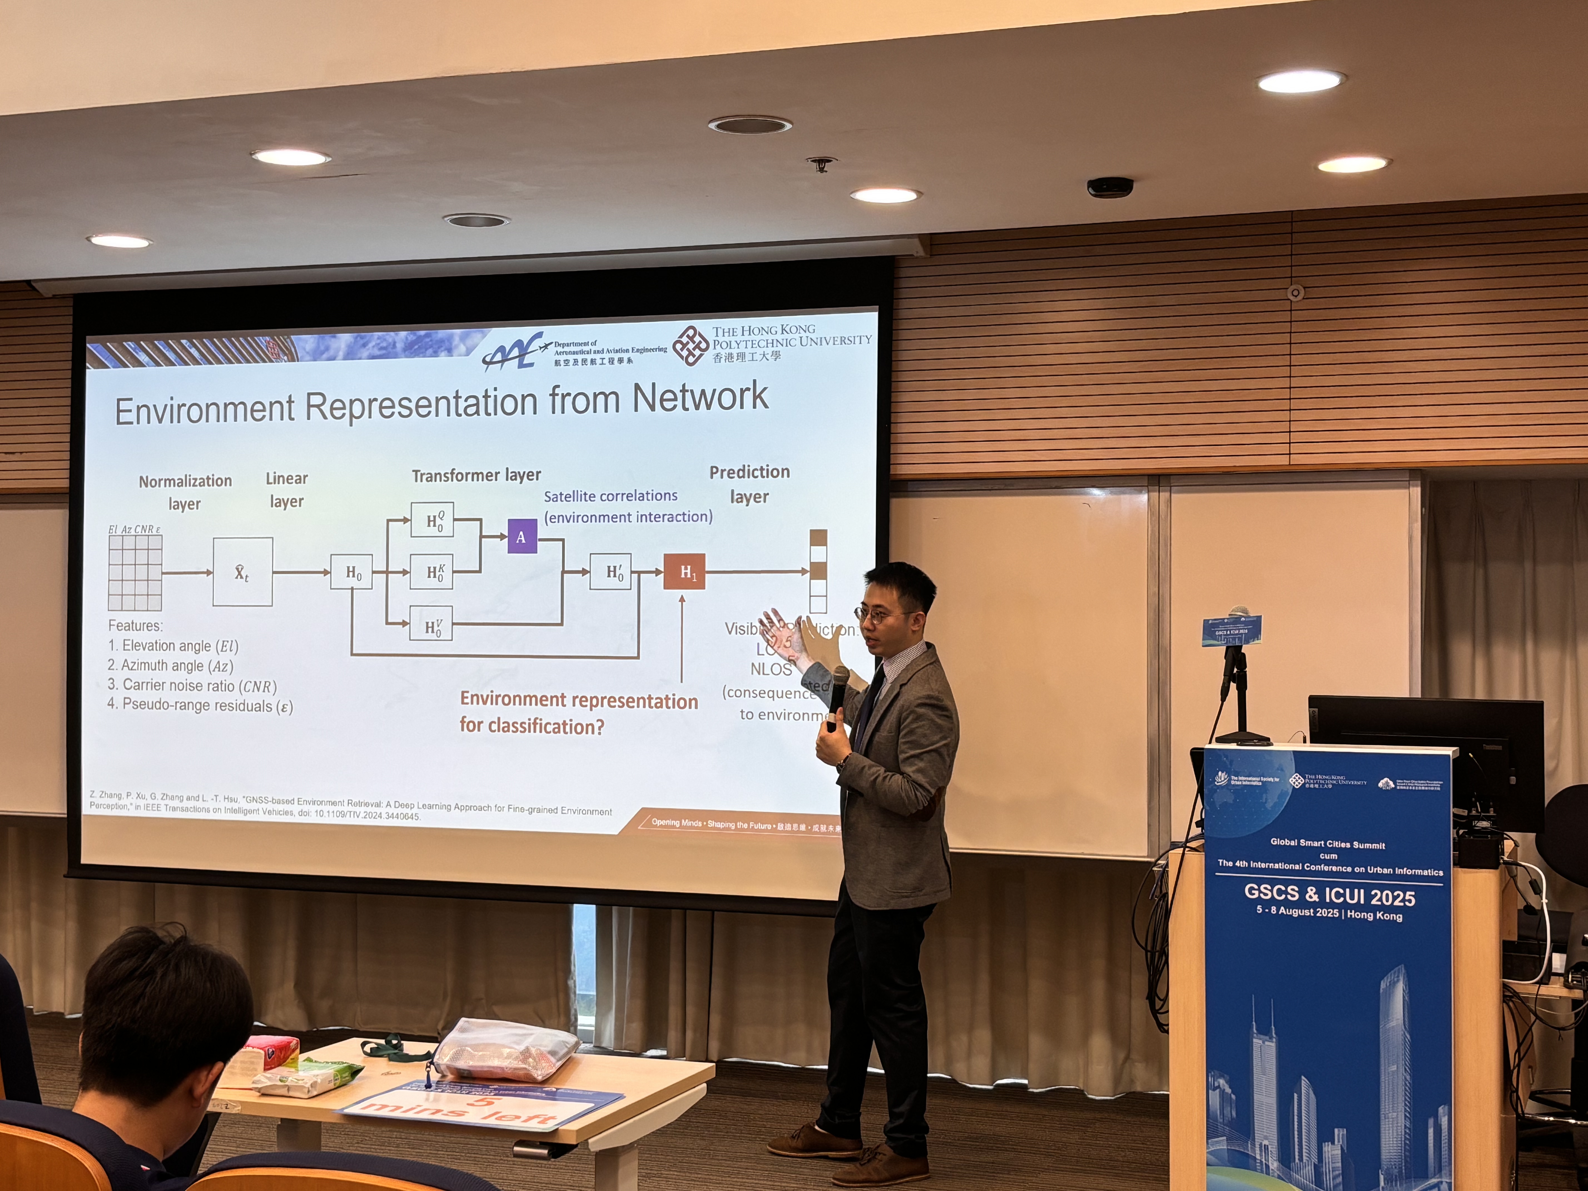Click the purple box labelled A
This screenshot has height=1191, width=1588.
click(x=522, y=536)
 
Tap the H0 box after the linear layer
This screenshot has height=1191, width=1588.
click(x=352, y=572)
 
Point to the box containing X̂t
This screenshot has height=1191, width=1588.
click(x=243, y=572)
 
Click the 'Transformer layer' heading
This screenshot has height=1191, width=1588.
click(x=476, y=475)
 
